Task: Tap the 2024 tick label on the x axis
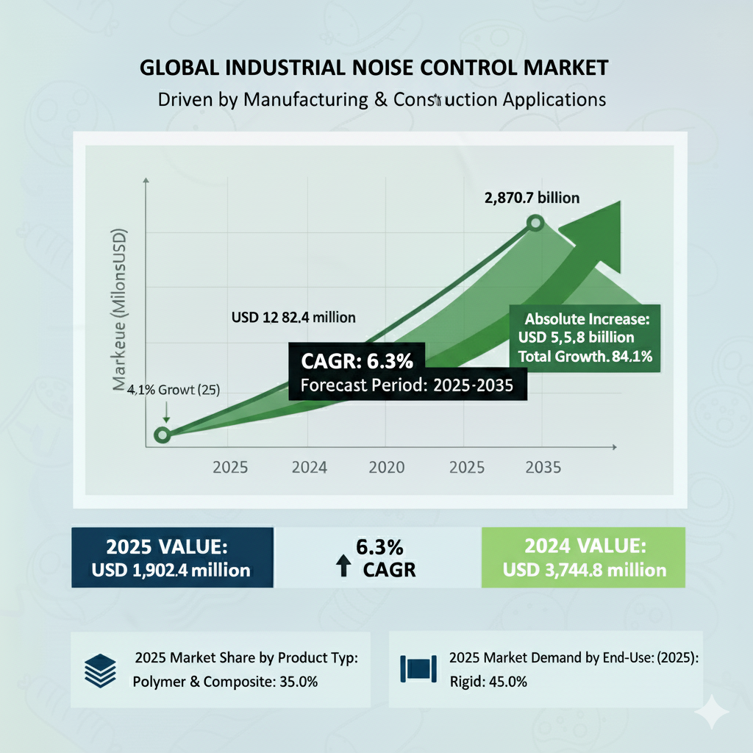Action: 310,467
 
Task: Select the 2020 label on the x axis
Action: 387,467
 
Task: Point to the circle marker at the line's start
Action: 163,435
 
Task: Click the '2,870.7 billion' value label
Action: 532,197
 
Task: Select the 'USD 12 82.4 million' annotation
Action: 293,318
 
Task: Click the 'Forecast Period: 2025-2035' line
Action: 407,385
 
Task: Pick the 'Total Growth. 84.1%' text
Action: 586,357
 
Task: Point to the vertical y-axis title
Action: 119,310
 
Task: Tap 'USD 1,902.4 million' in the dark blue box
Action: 171,569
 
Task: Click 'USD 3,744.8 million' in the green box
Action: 585,569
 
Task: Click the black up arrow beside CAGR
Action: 343,566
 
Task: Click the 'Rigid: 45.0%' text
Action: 488,681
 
